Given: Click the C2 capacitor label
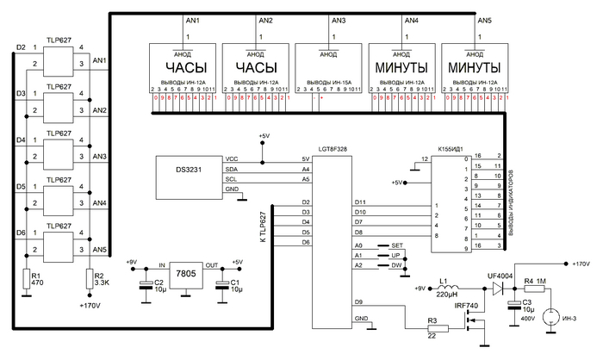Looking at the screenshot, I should tap(159, 282).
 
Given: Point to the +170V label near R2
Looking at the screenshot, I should tap(90, 306).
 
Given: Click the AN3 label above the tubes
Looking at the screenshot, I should tap(338, 20).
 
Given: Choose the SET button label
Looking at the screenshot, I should tap(396, 245).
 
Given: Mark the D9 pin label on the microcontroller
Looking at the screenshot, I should tap(359, 301).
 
